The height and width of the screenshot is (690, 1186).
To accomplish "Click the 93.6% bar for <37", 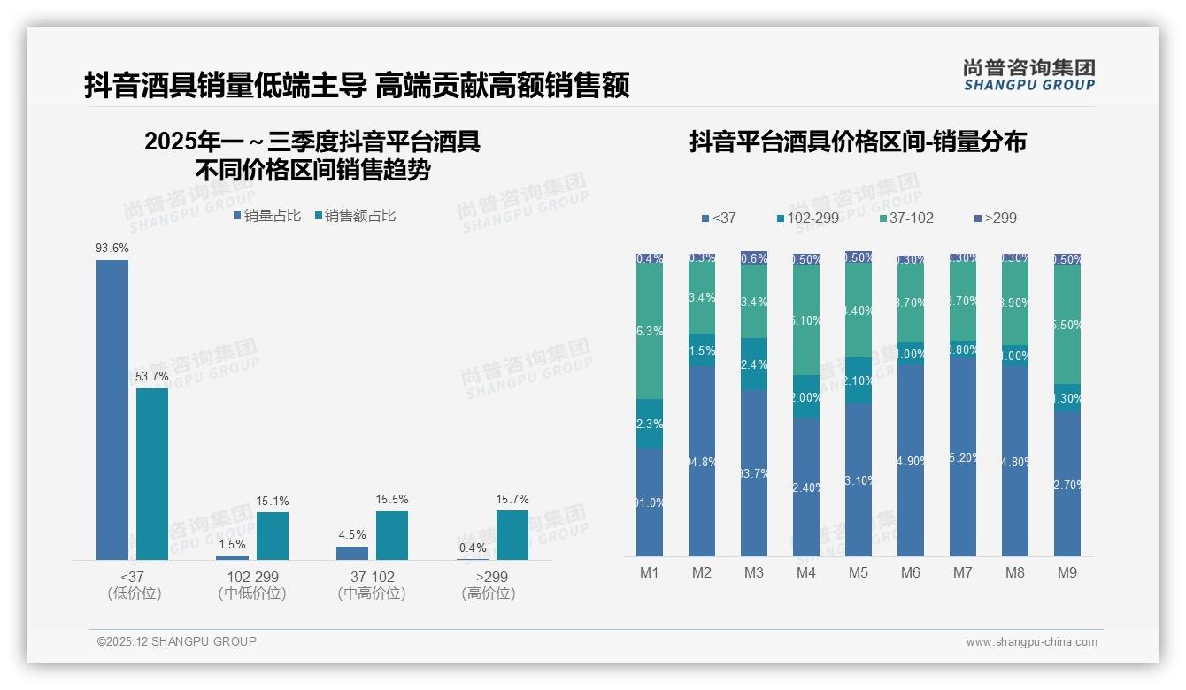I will click(x=112, y=410).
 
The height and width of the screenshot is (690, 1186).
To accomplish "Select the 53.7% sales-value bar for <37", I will click(x=152, y=474).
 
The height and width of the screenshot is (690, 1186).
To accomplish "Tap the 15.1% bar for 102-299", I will click(x=273, y=536).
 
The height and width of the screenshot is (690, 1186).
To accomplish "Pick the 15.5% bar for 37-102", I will click(x=392, y=535).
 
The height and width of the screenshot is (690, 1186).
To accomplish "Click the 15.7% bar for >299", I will click(x=512, y=535).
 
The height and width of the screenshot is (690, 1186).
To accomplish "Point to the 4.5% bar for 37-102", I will click(x=352, y=553).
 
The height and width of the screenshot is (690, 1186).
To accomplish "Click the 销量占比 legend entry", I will click(x=267, y=215).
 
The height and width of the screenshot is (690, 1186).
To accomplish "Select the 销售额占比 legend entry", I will click(x=355, y=215).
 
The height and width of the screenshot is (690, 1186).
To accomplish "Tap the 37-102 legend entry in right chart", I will click(x=907, y=218).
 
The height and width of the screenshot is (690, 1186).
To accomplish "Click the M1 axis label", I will click(x=650, y=572).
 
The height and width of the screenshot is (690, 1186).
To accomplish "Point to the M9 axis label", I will click(x=1067, y=572).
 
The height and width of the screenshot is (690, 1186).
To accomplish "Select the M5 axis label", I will click(x=859, y=572).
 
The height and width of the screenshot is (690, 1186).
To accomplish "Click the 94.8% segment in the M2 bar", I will click(x=702, y=460).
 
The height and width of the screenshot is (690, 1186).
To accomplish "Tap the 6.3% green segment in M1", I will click(x=650, y=332).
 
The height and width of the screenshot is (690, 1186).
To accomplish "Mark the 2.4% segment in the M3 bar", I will click(x=754, y=364).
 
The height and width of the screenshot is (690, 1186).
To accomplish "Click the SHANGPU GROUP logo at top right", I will click(x=1029, y=74).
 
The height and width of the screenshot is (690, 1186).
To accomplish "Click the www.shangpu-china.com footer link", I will click(x=1031, y=642).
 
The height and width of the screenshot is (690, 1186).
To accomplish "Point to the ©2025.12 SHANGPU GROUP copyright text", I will click(x=177, y=641).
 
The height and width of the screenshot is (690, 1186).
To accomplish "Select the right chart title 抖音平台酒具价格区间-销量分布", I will click(x=858, y=142).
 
